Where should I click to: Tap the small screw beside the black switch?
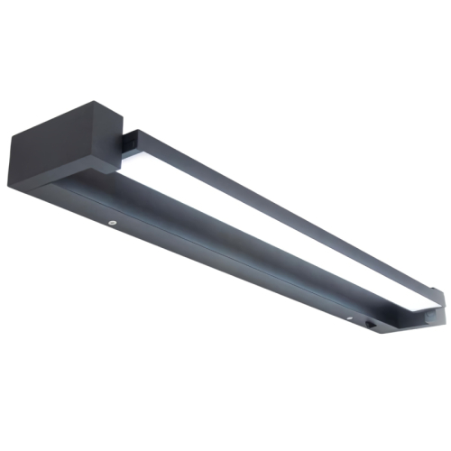click(x=348, y=318)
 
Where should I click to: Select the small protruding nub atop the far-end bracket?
click(x=437, y=290)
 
